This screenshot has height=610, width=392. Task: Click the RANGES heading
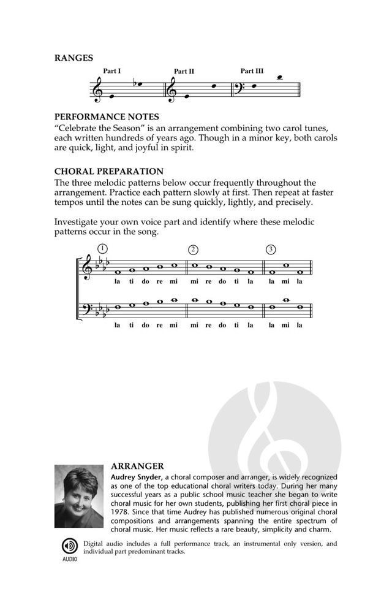pos(73,58)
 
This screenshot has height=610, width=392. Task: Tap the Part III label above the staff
pos(252,71)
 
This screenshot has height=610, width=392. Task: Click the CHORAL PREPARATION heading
pos(108,171)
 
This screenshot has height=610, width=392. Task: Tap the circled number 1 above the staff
pos(102,248)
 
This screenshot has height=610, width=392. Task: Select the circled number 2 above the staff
pos(193,249)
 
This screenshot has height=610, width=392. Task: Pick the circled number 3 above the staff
pos(271,249)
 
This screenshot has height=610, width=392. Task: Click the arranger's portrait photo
pos(79,496)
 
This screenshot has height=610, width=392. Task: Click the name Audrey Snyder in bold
pos(136,476)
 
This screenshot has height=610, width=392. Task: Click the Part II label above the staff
pos(184,72)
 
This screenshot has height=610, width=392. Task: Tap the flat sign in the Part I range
pos(134,85)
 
